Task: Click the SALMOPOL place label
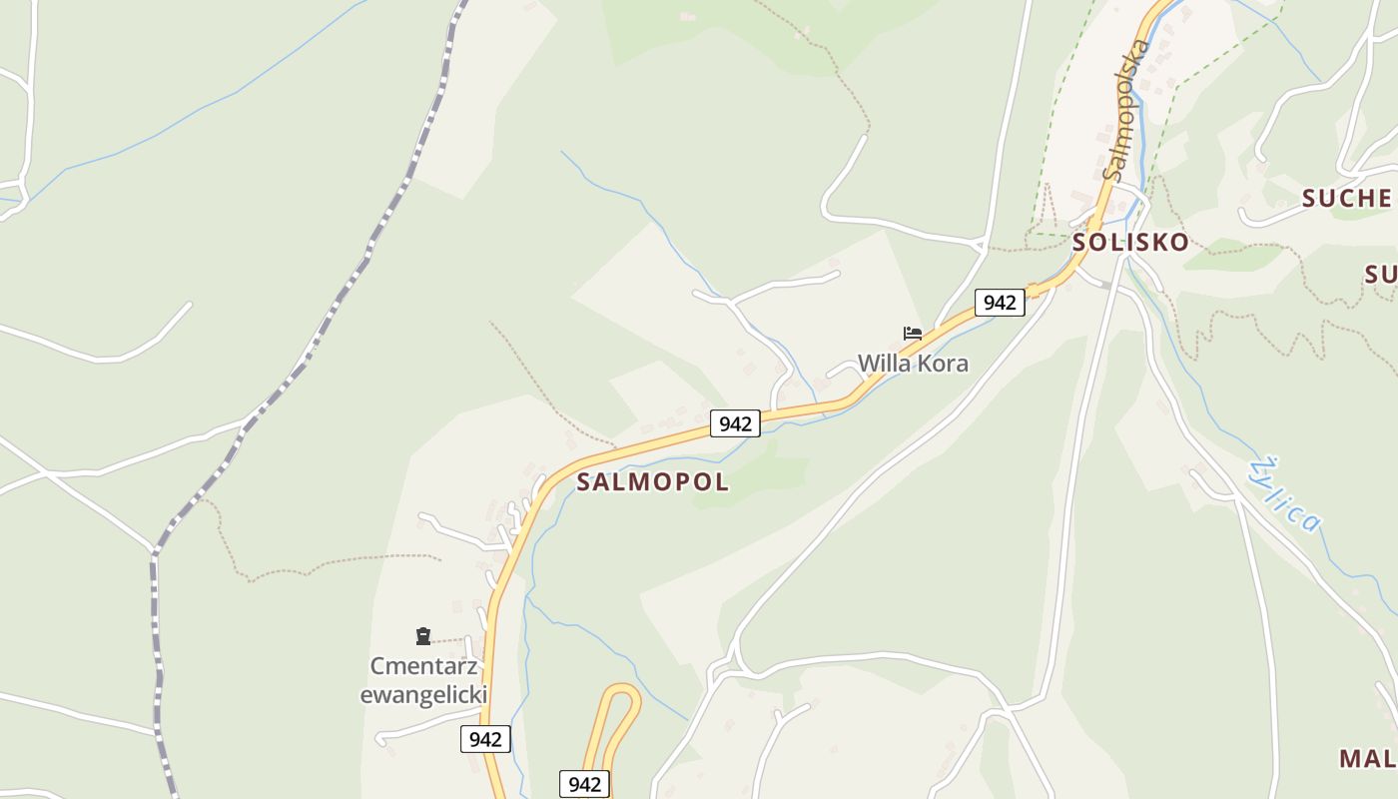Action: (x=653, y=482)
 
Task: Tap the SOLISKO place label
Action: (x=1130, y=243)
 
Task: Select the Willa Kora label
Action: (x=913, y=364)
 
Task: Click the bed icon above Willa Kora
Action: (x=912, y=334)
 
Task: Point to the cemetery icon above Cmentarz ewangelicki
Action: (x=423, y=636)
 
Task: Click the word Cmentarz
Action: (x=423, y=666)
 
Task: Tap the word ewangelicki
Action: (x=423, y=695)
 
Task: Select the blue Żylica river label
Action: (x=1286, y=494)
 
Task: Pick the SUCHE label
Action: (x=1346, y=199)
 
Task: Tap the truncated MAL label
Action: (x=1367, y=758)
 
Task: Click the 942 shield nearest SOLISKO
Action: (x=1000, y=303)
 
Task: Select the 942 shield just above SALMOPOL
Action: (x=735, y=423)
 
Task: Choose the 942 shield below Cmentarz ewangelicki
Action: (x=485, y=739)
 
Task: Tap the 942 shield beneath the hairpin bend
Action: (x=584, y=784)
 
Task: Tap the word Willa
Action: (x=884, y=364)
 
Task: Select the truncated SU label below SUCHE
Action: (x=1380, y=275)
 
